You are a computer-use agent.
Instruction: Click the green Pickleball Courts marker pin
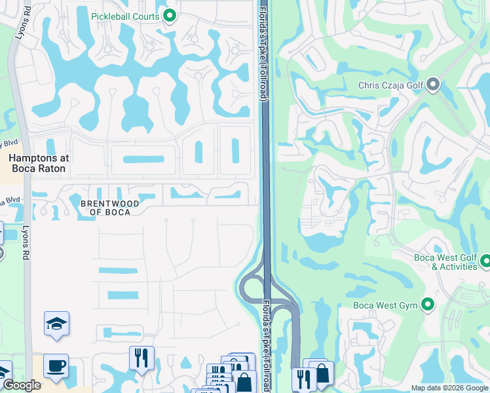point(170,16)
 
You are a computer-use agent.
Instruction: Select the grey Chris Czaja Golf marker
point(433,85)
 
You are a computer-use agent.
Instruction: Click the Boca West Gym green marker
point(428,305)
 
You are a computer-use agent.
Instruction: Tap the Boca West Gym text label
point(385,305)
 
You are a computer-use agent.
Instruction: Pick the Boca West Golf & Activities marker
point(485,262)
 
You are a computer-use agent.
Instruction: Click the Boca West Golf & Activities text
point(445,262)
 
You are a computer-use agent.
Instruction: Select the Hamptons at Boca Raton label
point(38,163)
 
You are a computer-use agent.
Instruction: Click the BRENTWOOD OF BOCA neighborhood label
point(109,208)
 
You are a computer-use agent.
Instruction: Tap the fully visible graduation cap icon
point(56,323)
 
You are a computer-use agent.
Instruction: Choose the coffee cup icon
point(56,365)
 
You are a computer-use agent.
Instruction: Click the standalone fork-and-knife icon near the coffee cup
point(141,358)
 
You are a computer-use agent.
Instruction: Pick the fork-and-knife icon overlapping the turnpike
point(304,379)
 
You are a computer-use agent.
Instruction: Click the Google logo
point(22,385)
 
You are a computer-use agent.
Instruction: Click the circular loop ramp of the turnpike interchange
point(250,286)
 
